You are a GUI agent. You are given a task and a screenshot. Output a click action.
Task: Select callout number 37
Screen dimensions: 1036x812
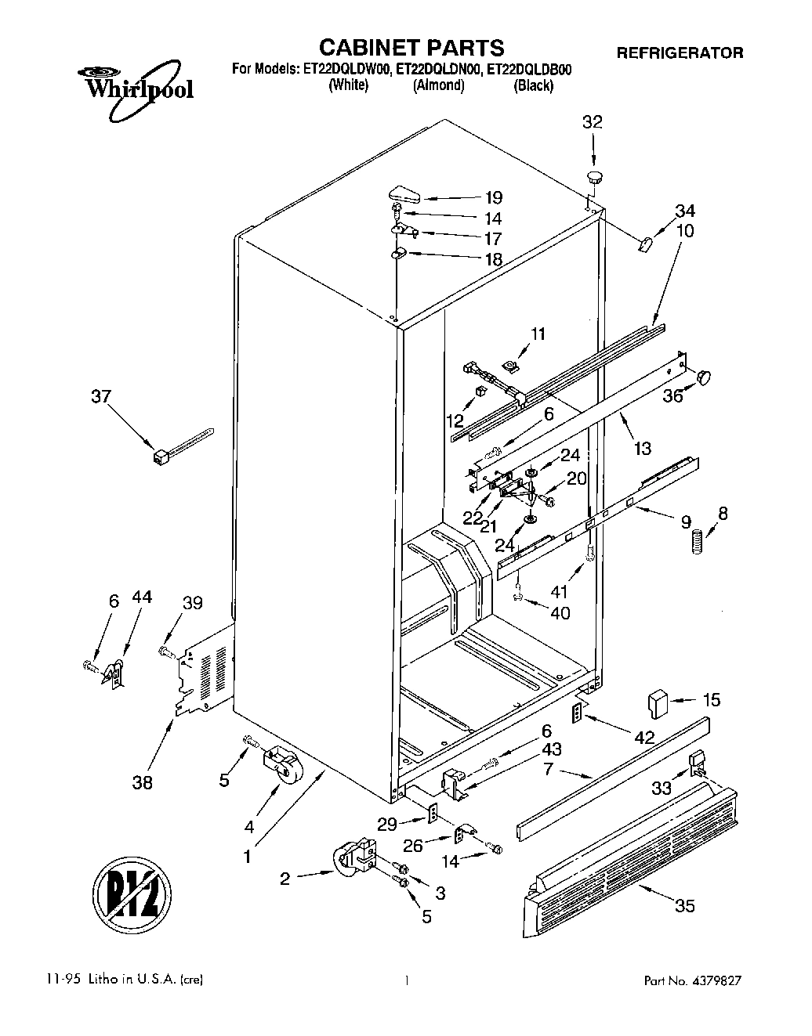pyautogui.click(x=101, y=397)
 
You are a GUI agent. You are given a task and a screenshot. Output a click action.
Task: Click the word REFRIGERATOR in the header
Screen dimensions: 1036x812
pyautogui.click(x=680, y=52)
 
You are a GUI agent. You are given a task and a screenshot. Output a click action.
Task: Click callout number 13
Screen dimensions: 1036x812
pyautogui.click(x=642, y=449)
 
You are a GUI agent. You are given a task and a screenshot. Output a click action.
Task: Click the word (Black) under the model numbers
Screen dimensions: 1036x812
pyautogui.click(x=533, y=86)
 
